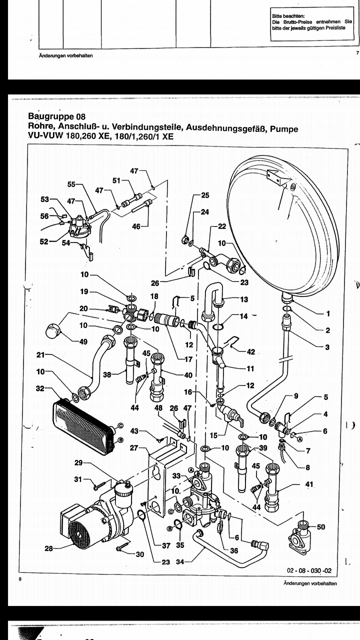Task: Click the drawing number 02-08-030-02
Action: (x=309, y=570)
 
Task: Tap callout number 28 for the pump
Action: (x=49, y=548)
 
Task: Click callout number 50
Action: (x=321, y=526)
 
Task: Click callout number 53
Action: (x=45, y=199)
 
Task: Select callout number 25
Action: (x=205, y=195)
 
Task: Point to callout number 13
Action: (x=244, y=299)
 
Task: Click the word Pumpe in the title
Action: (x=284, y=128)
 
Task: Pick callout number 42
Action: (x=251, y=351)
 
